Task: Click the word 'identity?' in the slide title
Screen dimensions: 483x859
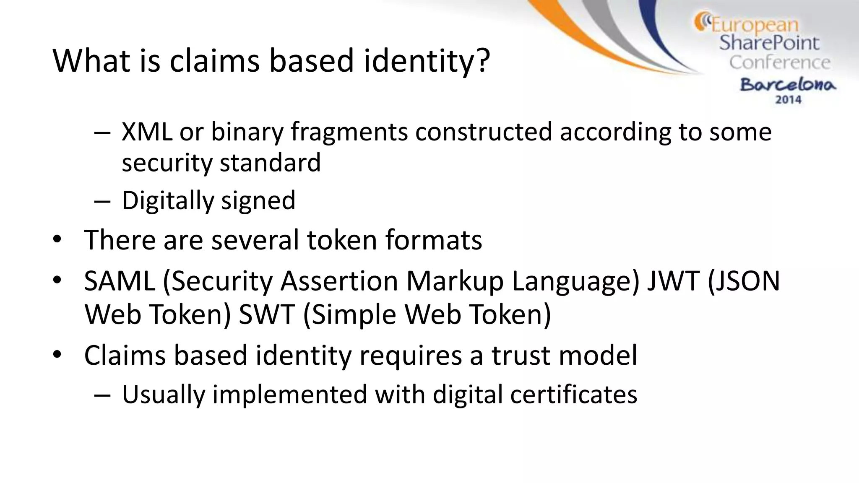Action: [x=427, y=61]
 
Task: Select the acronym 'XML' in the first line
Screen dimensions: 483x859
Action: [x=147, y=132]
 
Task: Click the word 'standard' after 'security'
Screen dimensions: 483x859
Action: [x=270, y=163]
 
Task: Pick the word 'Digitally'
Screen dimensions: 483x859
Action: [x=168, y=200]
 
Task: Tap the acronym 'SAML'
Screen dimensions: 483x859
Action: [x=120, y=281]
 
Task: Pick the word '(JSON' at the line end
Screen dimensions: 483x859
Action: [x=743, y=281]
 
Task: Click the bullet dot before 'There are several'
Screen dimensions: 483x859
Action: [x=57, y=240]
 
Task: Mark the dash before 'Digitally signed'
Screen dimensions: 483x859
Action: [x=102, y=201]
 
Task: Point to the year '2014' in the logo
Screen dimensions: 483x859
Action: [x=788, y=100]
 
